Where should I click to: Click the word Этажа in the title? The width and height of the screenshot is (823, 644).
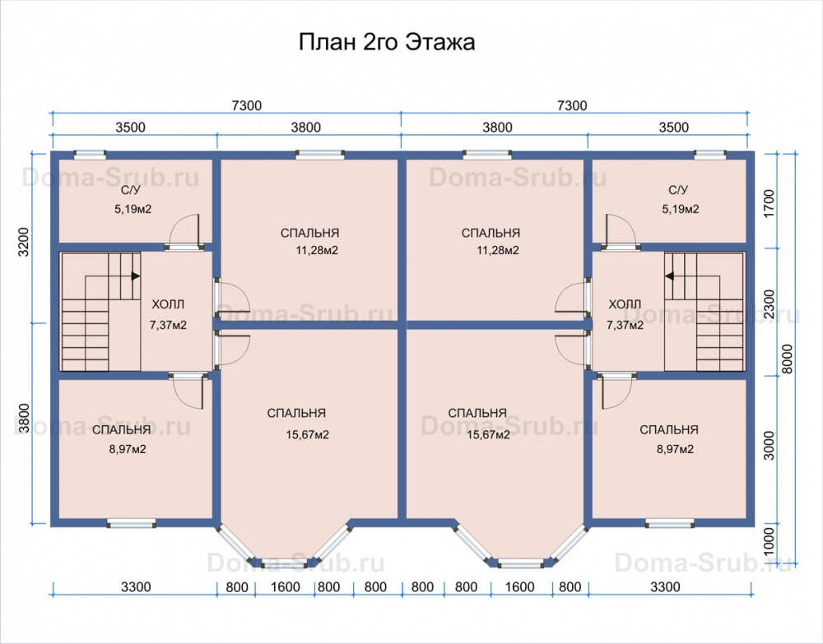pyautogui.click(x=441, y=42)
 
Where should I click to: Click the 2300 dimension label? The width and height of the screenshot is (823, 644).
pyautogui.click(x=769, y=304)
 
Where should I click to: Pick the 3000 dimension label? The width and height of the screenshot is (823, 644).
pyautogui.click(x=769, y=445)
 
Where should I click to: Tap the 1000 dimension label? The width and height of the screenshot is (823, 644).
pyautogui.click(x=768, y=541)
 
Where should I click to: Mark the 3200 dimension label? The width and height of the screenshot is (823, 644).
pyautogui.click(x=24, y=242)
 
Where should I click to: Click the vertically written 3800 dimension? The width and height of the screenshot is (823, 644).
pyautogui.click(x=24, y=418)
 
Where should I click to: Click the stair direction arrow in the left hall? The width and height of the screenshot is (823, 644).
pyautogui.click(x=136, y=276)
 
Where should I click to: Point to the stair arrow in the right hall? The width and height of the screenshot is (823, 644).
pyautogui.click(x=669, y=276)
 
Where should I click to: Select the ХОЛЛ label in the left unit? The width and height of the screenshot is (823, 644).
pyautogui.click(x=168, y=304)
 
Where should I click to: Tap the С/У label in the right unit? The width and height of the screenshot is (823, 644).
pyautogui.click(x=678, y=190)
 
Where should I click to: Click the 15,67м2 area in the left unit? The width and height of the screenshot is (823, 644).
pyautogui.click(x=308, y=435)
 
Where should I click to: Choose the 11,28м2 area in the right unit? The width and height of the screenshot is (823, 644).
pyautogui.click(x=498, y=251)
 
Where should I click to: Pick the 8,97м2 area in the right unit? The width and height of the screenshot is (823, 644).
pyautogui.click(x=675, y=449)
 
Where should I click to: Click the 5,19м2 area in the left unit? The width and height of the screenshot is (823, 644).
pyautogui.click(x=133, y=209)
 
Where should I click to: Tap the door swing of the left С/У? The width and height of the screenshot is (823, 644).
pyautogui.click(x=184, y=229)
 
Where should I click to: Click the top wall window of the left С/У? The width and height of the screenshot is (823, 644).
pyautogui.click(x=90, y=154)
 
